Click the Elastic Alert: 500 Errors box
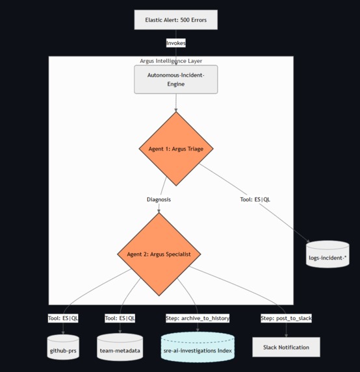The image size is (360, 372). point(175,20)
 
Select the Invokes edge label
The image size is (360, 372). point(175,43)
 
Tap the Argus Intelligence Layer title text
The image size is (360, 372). point(171,61)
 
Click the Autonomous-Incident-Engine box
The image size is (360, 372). point(175,79)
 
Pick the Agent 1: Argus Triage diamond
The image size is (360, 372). point(175,149)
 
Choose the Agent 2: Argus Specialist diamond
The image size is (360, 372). point(159,254)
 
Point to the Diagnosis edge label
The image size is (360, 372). point(159,199)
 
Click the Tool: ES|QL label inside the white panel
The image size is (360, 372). point(255,199)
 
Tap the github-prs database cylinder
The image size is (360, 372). point(63,348)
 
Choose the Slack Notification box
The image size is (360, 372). point(286,347)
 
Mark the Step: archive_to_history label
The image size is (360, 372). point(198,318)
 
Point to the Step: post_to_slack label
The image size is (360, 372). point(286,318)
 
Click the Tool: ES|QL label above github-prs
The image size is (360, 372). point(63,318)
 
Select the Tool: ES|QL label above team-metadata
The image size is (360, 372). point(120,318)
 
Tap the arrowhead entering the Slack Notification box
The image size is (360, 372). point(286,335)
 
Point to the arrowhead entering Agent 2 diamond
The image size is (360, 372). point(159,211)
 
